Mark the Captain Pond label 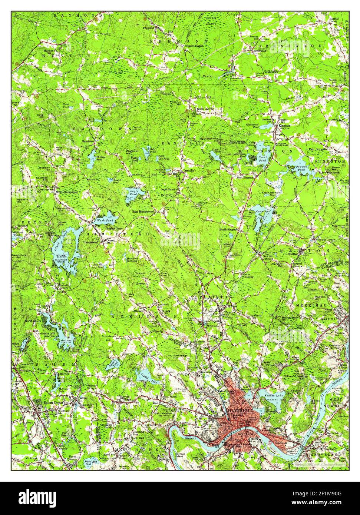point(112,364)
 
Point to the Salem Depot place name point(44,402)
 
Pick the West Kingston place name point(245,177)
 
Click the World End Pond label point(90,462)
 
